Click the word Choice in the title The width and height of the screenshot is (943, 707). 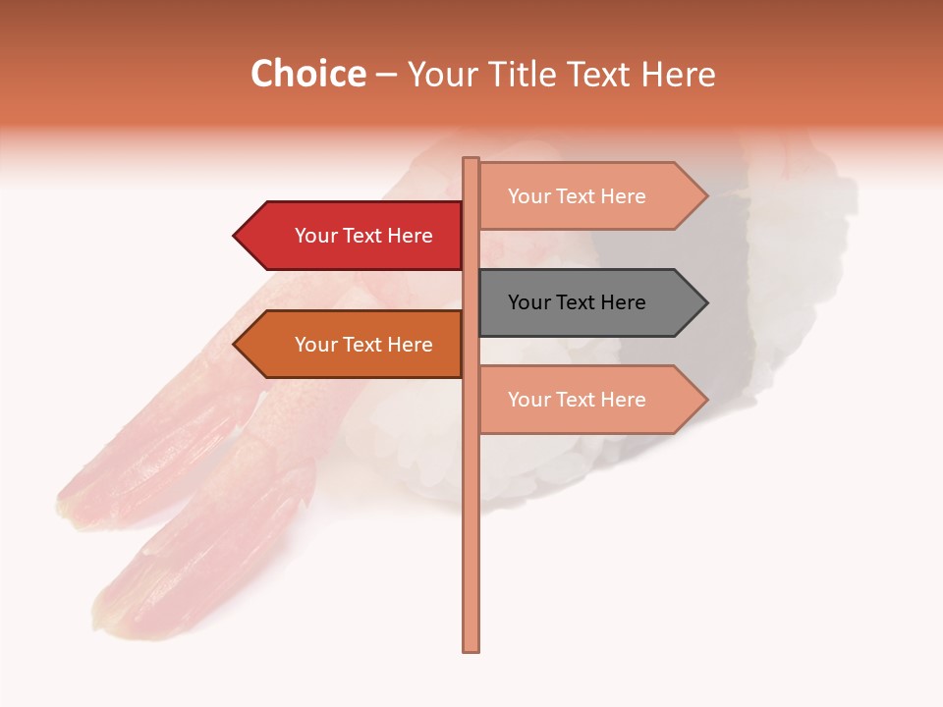307,75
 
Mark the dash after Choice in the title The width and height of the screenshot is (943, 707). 386,76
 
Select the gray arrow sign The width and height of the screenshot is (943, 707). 589,302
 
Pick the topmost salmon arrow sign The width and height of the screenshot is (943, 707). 589,196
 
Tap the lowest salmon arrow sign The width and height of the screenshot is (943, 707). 589,400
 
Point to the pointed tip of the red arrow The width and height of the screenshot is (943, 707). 236,236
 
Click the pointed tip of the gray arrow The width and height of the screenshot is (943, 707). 705,302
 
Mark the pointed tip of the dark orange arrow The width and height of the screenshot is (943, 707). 236,345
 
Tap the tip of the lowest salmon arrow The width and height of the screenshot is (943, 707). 705,400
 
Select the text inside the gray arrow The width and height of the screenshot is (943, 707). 577,302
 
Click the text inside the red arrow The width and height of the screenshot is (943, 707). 363,236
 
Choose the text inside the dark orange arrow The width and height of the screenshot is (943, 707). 363,345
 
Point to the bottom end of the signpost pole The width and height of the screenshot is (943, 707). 471,648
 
